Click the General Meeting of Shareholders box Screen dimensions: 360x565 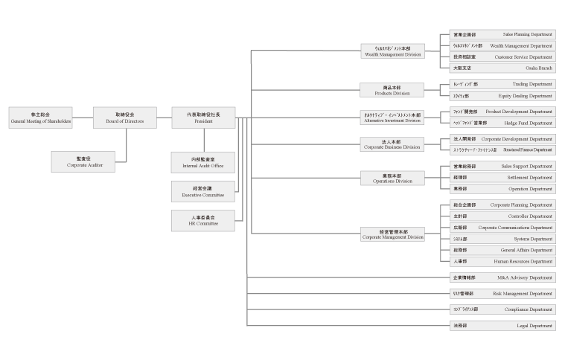click(x=41, y=118)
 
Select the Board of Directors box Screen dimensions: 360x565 click(x=125, y=118)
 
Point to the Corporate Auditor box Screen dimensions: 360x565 click(x=83, y=161)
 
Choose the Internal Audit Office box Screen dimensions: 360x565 click(x=203, y=162)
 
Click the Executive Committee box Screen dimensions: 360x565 click(x=203, y=191)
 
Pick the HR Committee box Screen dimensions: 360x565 click(x=203, y=219)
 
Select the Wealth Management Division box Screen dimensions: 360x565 click(x=392, y=51)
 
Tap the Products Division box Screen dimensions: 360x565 click(x=392, y=90)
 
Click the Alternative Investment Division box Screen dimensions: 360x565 click(x=392, y=118)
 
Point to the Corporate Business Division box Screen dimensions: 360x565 click(x=392, y=144)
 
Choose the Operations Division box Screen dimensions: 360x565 click(x=392, y=178)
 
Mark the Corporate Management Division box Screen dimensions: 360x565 click(x=392, y=234)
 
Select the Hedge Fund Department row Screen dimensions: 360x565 click(x=502, y=123)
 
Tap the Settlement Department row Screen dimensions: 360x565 click(x=502, y=178)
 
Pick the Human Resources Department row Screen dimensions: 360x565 click(x=502, y=261)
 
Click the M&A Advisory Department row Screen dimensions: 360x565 click(x=502, y=277)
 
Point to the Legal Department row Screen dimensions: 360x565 click(x=502, y=325)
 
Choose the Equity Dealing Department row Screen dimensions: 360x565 click(x=502, y=95)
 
